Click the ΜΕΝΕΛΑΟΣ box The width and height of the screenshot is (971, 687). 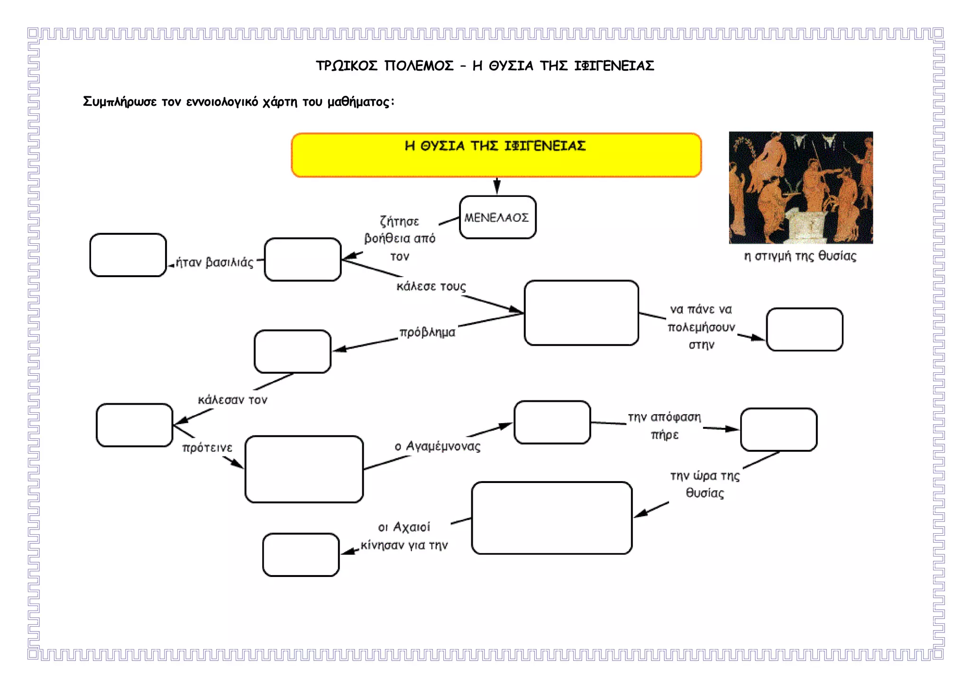(498, 217)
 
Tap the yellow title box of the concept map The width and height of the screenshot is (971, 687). (496, 155)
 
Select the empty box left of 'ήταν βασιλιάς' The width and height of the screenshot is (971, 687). (128, 255)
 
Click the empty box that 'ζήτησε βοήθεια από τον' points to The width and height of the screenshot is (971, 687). (302, 260)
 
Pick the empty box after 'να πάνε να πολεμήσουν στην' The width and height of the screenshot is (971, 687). (805, 329)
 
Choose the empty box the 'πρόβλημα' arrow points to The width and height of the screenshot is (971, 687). (293, 352)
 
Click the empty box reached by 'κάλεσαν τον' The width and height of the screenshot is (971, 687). (135, 425)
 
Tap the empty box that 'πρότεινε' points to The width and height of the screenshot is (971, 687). (304, 469)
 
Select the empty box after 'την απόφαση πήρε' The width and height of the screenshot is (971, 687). (779, 429)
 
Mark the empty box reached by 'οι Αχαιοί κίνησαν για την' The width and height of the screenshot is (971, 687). (301, 555)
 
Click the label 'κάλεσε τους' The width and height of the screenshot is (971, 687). (431, 286)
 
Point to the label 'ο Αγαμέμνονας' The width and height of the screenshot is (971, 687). (437, 446)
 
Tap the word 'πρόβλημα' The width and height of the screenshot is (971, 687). (427, 332)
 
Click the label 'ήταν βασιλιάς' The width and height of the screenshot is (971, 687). (214, 262)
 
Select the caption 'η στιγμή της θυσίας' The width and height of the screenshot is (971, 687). (800, 256)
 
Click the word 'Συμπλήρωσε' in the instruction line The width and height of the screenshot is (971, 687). (119, 102)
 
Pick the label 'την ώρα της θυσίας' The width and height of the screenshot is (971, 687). (705, 484)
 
